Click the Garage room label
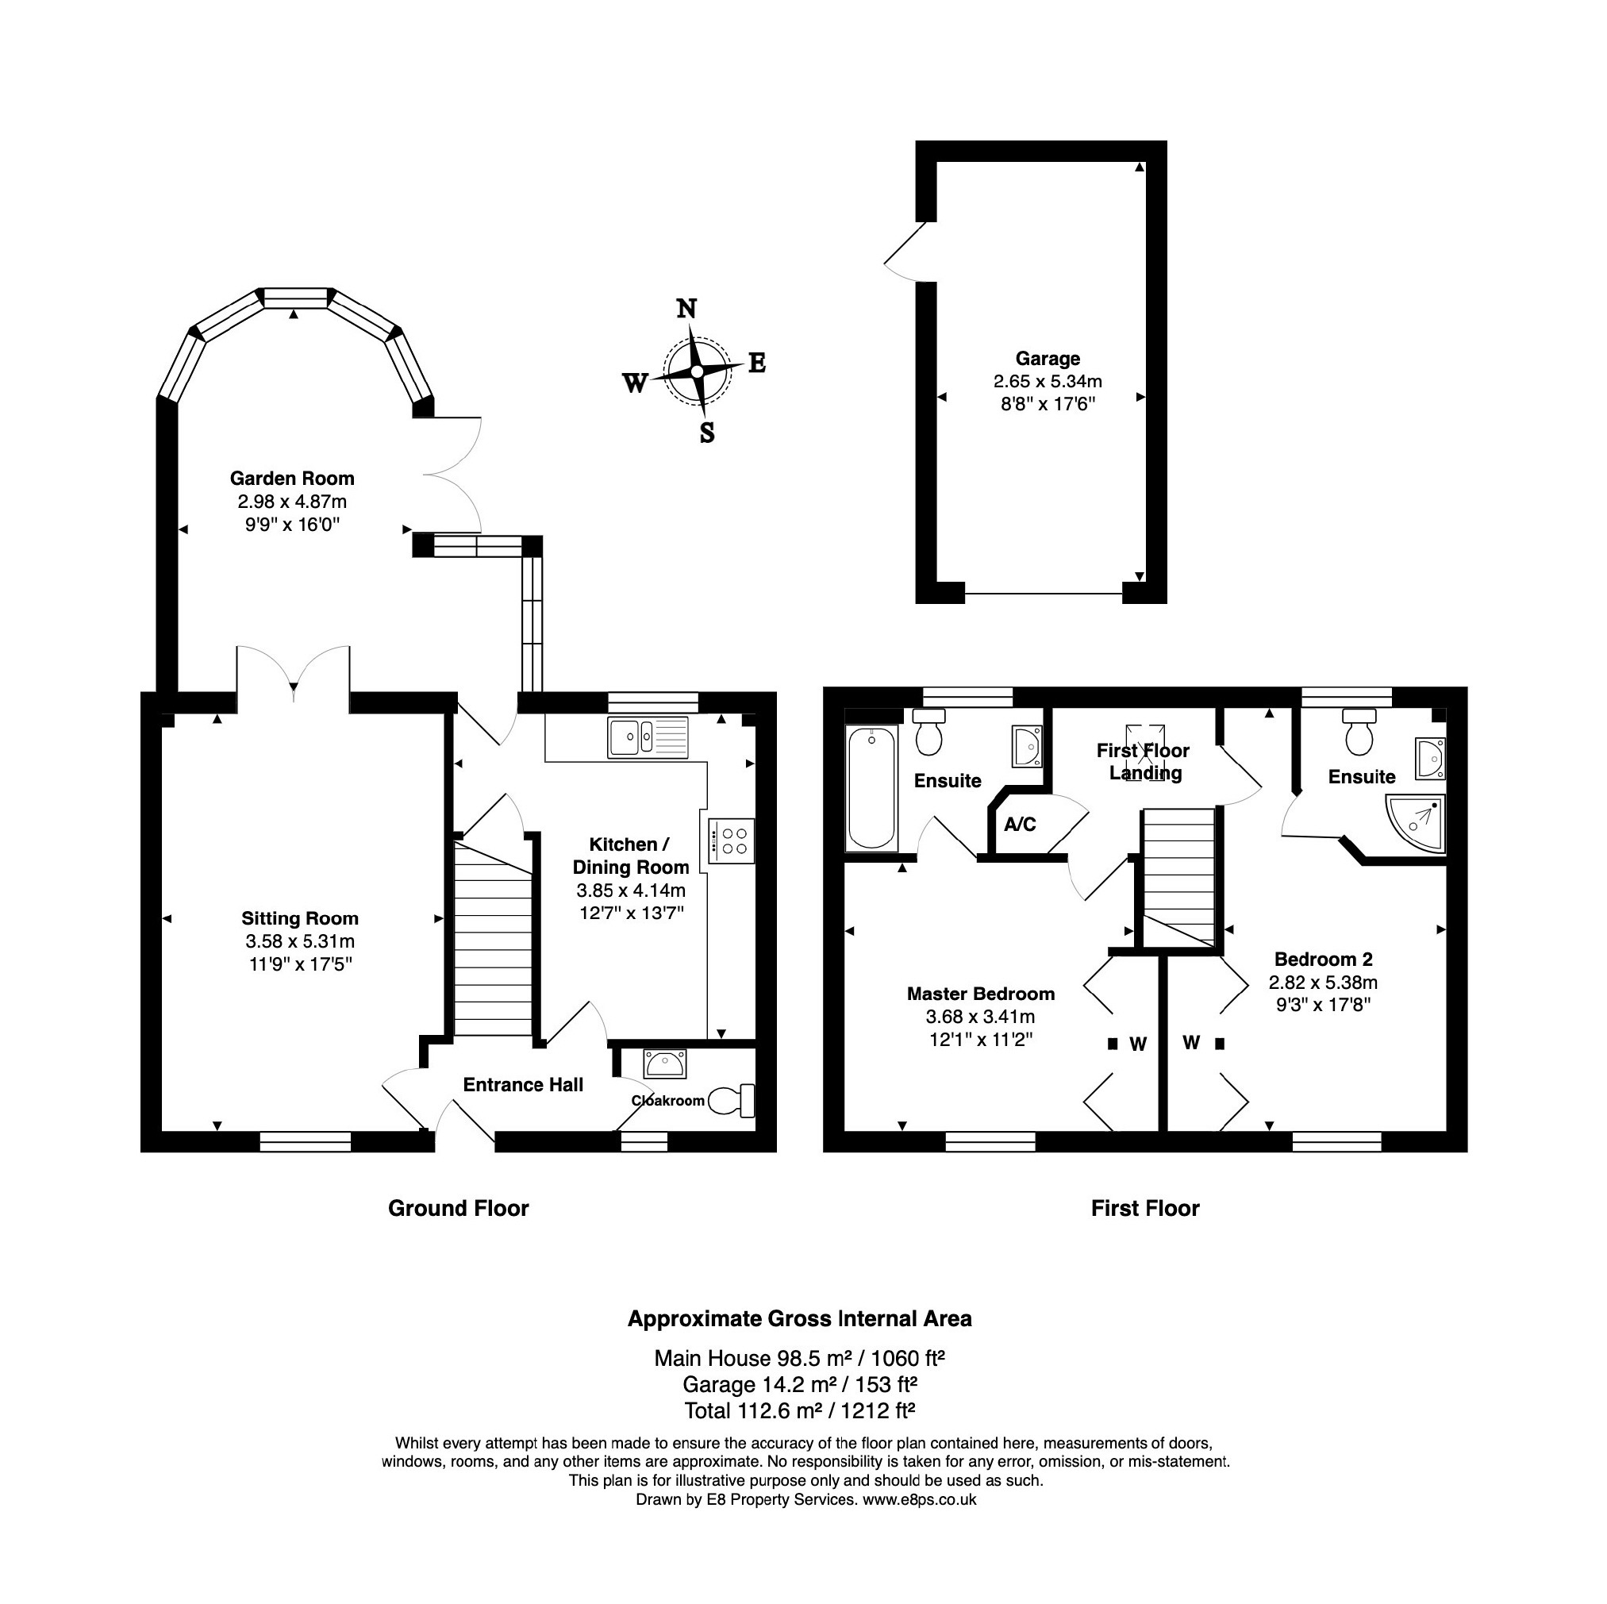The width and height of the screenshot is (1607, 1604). pyautogui.click(x=1048, y=359)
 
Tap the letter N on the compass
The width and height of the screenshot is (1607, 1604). pyautogui.click(x=686, y=309)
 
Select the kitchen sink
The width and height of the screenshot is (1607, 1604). pyautogui.click(x=648, y=737)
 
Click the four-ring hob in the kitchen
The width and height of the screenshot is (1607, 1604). pyautogui.click(x=732, y=840)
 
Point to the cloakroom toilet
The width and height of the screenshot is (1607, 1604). pyautogui.click(x=731, y=1101)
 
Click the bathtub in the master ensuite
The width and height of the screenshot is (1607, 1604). pyautogui.click(x=871, y=788)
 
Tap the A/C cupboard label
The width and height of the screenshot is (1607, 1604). pyautogui.click(x=1020, y=825)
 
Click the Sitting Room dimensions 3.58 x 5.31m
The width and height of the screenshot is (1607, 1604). pyautogui.click(x=299, y=942)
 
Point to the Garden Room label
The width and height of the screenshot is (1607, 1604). pyautogui.click(x=292, y=479)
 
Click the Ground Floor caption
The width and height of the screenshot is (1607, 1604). pyautogui.click(x=459, y=1208)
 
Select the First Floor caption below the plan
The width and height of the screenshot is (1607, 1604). pyautogui.click(x=1145, y=1208)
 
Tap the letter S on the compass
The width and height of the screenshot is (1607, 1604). pyautogui.click(x=707, y=433)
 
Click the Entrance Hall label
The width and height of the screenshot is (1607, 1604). pyautogui.click(x=523, y=1085)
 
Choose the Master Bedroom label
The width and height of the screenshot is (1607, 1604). pyautogui.click(x=981, y=994)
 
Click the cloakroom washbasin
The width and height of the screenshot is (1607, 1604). pyautogui.click(x=664, y=1064)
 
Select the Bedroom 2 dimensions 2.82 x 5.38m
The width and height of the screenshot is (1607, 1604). pyautogui.click(x=1323, y=983)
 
